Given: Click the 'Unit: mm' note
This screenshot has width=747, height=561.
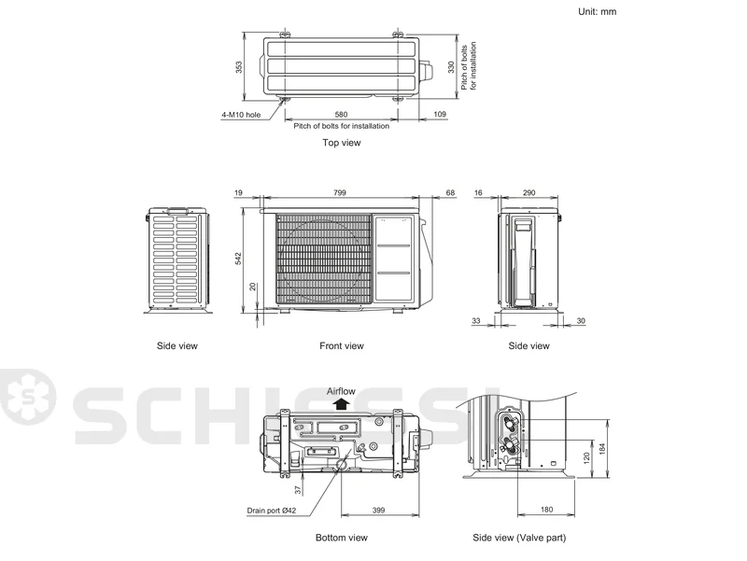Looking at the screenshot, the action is click(597, 11).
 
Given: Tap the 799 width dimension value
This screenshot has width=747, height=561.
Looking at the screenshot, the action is click(340, 192).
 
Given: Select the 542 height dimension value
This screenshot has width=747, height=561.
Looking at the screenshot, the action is click(238, 259).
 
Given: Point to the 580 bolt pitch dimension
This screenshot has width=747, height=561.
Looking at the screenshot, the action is click(341, 114).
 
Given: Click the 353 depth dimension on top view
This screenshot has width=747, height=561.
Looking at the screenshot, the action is click(239, 67).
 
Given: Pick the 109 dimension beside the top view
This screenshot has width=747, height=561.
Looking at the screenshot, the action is click(440, 114).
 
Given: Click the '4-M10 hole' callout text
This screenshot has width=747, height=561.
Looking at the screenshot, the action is click(241, 115).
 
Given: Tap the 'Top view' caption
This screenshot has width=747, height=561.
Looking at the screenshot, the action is click(342, 143).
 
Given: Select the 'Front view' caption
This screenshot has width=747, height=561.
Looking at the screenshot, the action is click(342, 345).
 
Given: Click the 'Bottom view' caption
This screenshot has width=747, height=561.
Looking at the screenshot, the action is click(342, 538).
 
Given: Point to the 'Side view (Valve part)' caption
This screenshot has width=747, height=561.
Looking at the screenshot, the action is click(519, 538).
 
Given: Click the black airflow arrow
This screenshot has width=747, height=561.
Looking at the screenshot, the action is click(341, 404).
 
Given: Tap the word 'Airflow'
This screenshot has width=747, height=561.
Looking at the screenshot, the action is click(341, 391).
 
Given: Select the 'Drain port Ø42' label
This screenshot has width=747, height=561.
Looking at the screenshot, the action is click(272, 511).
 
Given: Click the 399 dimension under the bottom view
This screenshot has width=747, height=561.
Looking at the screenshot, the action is click(378, 510).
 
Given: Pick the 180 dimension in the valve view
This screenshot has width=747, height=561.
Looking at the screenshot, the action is click(546, 510).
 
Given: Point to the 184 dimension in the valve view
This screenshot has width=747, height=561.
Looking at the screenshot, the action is click(602, 449).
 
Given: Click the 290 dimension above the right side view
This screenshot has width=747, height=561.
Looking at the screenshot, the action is click(529, 192).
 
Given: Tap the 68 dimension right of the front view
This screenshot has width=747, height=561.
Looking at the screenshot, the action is click(450, 192).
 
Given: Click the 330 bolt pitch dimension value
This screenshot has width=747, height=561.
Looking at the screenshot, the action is click(451, 67).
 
